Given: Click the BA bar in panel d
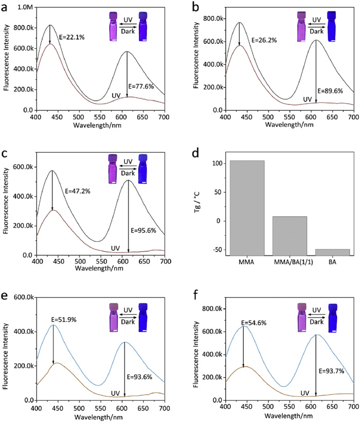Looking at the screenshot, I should coord(335,252).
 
